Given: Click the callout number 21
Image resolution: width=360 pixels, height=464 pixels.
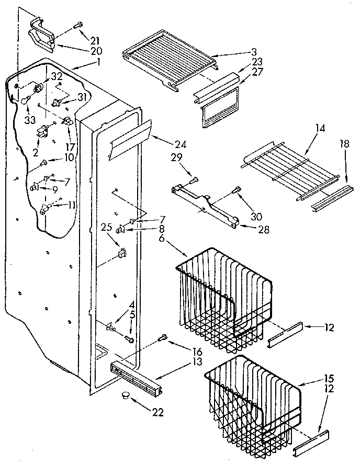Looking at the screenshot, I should (95, 40).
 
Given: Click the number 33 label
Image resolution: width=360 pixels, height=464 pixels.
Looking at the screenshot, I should (29, 120).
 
